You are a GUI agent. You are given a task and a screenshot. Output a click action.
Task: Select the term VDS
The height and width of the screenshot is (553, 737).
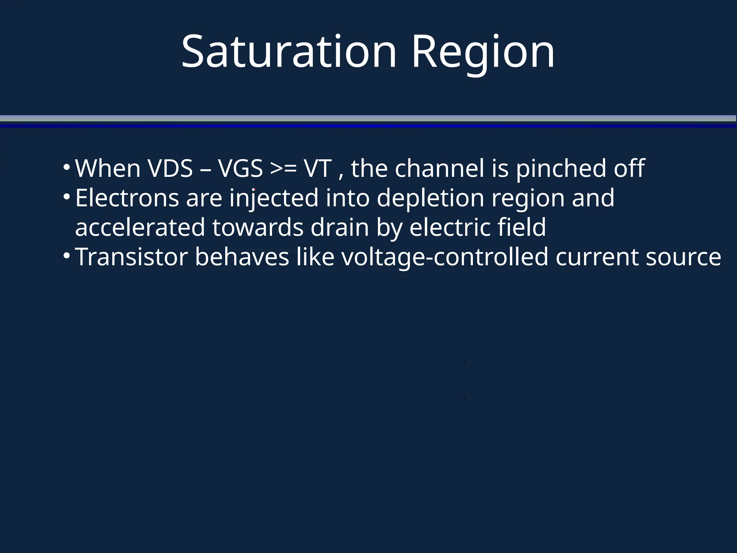[x=170, y=168]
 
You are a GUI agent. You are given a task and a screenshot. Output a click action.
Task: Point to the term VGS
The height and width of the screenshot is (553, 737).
[x=240, y=168]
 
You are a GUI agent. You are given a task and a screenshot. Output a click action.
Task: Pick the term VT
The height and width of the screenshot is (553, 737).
[x=318, y=168]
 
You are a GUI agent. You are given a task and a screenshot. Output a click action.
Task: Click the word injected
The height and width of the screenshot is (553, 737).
[x=274, y=198]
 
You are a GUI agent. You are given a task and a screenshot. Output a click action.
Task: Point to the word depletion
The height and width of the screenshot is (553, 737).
[x=430, y=198]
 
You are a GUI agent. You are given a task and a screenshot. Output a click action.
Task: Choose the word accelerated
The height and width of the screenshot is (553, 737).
[x=140, y=228]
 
